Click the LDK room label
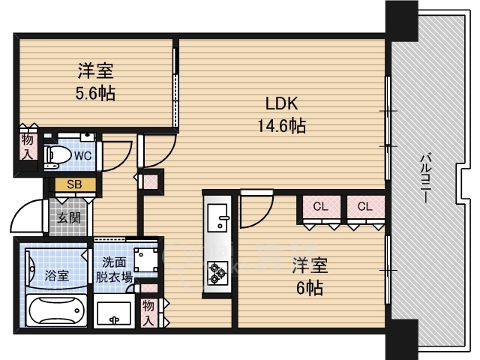(281, 103)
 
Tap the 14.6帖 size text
(282, 125)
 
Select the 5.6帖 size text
(95, 93)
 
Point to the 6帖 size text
(310, 288)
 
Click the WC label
(83, 156)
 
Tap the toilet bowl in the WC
(57, 154)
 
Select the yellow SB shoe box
(75, 184)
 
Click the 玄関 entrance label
(69, 218)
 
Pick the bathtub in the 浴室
(57, 310)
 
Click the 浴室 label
(57, 276)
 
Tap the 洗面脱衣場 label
(114, 270)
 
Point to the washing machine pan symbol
(145, 259)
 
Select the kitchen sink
(217, 218)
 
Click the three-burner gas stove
(217, 273)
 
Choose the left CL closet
(321, 207)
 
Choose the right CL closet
(365, 207)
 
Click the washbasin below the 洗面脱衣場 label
(114, 311)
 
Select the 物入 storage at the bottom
(148, 313)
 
